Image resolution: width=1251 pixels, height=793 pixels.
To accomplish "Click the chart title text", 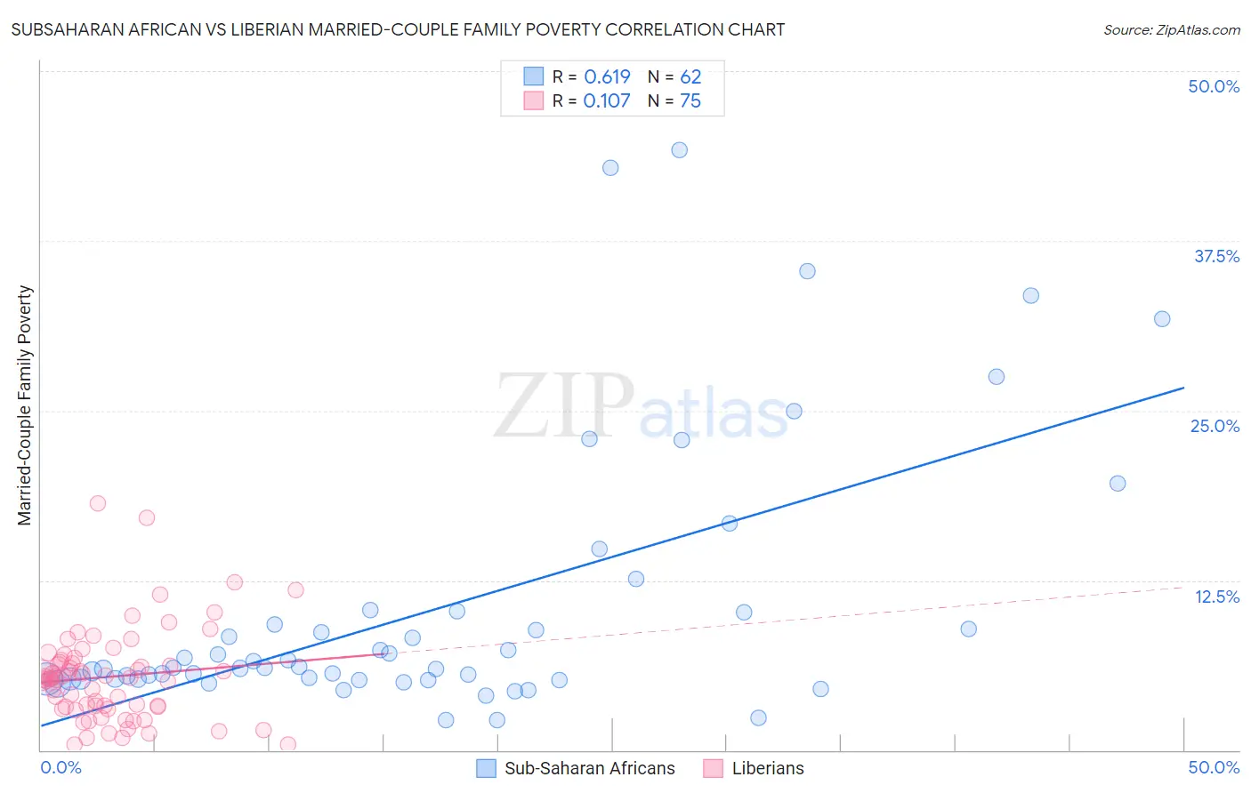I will point(398,29).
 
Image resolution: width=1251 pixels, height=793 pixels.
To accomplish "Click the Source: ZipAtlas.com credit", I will point(1171,29).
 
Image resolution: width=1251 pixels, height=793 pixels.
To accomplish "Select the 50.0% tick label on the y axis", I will point(1214,86).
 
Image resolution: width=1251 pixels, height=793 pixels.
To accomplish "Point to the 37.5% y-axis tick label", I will point(1216,256).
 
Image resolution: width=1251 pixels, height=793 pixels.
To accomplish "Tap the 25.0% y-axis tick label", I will point(1215,426).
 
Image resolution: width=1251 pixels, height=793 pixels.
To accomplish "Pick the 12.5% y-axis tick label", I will point(1216,597).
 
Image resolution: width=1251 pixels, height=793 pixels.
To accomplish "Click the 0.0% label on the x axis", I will point(61,767).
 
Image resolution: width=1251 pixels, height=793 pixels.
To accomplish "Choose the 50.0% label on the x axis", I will point(1214,767).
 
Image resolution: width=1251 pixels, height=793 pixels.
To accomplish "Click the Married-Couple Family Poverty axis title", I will point(25,405).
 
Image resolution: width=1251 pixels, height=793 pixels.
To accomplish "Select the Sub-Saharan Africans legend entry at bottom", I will point(589,768).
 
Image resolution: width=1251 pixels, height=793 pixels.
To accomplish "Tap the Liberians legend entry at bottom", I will point(767,768).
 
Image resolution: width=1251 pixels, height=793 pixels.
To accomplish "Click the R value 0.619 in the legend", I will point(607,77).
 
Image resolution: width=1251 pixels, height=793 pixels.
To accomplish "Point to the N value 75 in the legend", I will point(690,101).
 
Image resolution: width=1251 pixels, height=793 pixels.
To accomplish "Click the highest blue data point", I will point(679,150).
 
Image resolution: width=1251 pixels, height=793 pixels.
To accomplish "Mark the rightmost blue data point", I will point(1162,319).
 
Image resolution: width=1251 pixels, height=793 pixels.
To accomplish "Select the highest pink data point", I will point(98,503).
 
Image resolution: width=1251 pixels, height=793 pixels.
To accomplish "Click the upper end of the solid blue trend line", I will point(1183,388).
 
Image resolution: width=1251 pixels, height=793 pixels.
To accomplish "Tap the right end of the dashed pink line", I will point(1183,587).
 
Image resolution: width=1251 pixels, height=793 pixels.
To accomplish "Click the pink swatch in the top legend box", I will point(533,100).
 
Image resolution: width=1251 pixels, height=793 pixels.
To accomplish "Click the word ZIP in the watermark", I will point(564,407).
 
